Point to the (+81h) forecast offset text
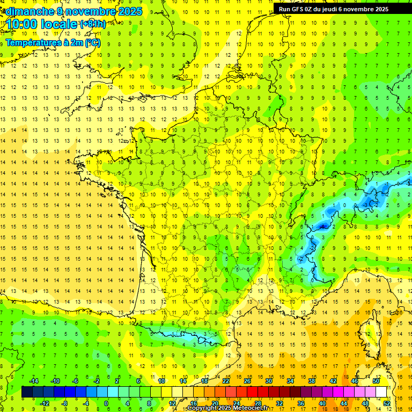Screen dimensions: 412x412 [93, 24]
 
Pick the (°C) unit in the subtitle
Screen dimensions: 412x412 [92, 42]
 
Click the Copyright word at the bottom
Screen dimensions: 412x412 [203, 408]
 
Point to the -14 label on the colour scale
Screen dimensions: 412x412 [33, 381]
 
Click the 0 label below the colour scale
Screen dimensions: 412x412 [106, 403]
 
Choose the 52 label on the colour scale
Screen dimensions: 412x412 [387, 403]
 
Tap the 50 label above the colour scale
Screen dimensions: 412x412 [376, 381]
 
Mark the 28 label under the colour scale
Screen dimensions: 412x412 [257, 403]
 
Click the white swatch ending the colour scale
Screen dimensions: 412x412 [381, 392]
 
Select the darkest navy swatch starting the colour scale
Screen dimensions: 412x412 [27, 392]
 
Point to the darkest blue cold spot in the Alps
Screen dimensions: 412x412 [322, 226]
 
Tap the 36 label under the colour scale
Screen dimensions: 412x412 [301, 403]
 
